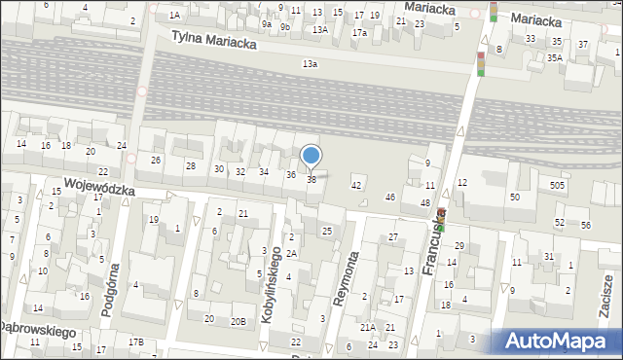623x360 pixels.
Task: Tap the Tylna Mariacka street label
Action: (213, 39)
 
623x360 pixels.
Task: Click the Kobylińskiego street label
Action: (273, 285)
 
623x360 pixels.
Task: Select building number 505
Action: (557, 185)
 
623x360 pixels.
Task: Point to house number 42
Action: (356, 185)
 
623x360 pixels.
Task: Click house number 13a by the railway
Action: (310, 63)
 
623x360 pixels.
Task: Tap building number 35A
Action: (554, 58)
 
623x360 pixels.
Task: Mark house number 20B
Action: (238, 320)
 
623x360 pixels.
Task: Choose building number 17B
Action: (136, 342)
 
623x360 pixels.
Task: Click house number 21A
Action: (367, 328)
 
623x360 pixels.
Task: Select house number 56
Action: (586, 225)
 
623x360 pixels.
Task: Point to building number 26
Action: (155, 160)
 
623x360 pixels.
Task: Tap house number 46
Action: (390, 198)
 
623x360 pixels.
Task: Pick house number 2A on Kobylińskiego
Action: (291, 253)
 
